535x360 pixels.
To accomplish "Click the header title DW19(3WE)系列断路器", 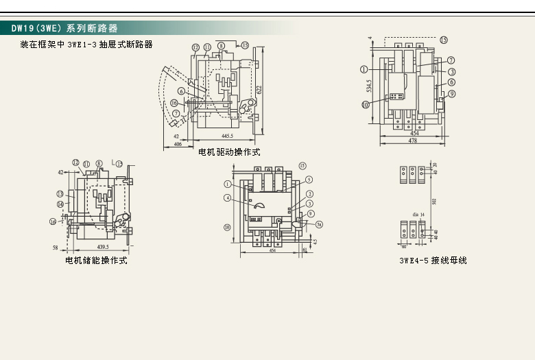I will pyautogui.click(x=64, y=29).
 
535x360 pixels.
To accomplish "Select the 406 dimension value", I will pyautogui.click(x=177, y=145).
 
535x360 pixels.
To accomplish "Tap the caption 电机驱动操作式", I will pyautogui.click(x=229, y=152).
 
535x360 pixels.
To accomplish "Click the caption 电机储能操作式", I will pyautogui.click(x=96, y=261).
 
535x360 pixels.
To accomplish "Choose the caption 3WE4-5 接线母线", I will pyautogui.click(x=433, y=261).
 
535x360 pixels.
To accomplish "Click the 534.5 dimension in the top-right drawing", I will pyautogui.click(x=369, y=86).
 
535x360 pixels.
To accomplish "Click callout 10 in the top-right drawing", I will pyautogui.click(x=365, y=104).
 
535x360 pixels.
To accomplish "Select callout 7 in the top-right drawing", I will pyautogui.click(x=451, y=60).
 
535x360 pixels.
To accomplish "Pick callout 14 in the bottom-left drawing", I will pyautogui.click(x=60, y=204).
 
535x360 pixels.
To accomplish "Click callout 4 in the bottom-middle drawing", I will pyautogui.click(x=227, y=198).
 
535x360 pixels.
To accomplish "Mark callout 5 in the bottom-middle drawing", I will pyautogui.click(x=309, y=180).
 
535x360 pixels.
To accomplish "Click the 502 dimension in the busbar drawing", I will pyautogui.click(x=434, y=202).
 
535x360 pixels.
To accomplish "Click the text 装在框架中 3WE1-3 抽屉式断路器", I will pyautogui.click(x=86, y=45).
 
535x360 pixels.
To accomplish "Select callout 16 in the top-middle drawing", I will pyautogui.click(x=174, y=103).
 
